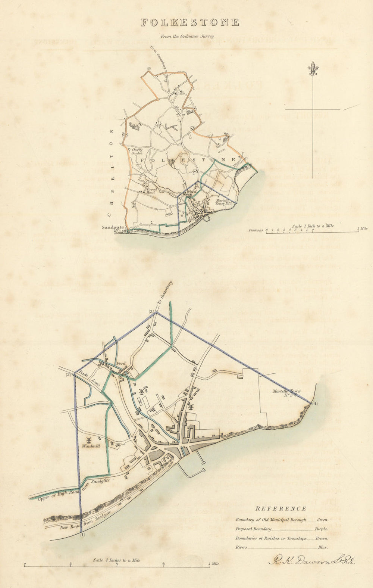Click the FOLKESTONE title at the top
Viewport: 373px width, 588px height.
click(190, 22)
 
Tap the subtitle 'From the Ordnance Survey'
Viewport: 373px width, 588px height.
click(187, 37)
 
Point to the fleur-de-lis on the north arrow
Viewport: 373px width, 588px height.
click(313, 68)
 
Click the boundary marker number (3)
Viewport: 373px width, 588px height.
click(151, 312)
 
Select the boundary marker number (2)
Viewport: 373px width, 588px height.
click(68, 375)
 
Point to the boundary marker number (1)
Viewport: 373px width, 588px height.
click(82, 535)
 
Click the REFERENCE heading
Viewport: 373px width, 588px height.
click(281, 508)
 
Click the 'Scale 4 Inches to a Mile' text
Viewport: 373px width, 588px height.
click(117, 560)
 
